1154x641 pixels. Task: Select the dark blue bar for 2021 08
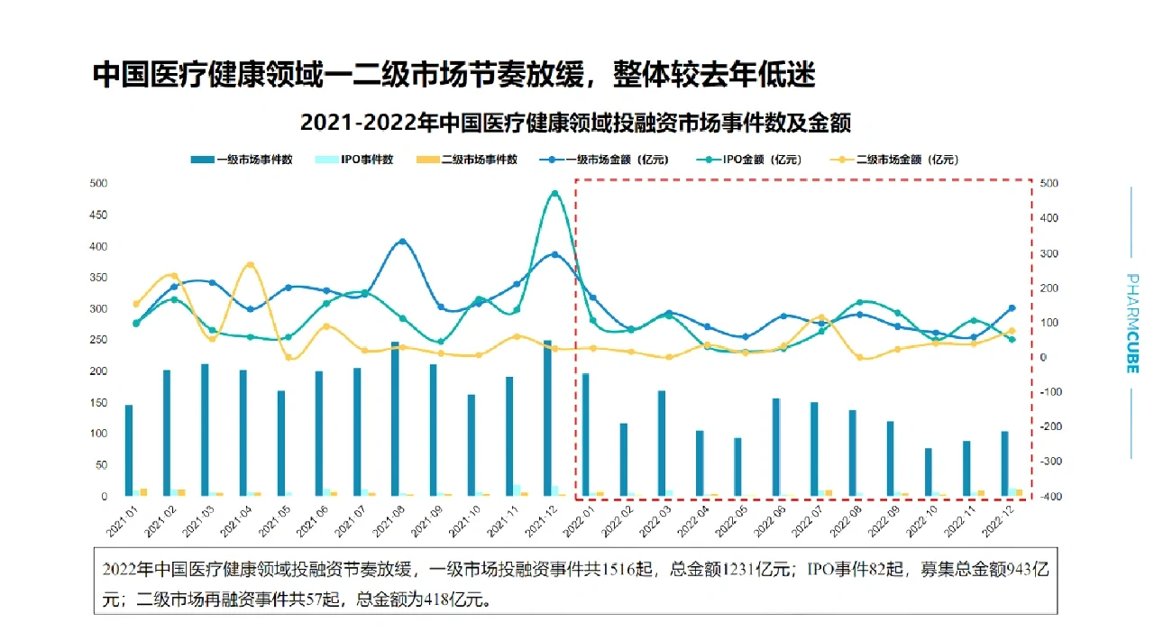[395, 418]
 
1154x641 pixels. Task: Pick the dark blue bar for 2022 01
[585, 434]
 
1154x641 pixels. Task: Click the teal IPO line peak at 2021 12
[554, 193]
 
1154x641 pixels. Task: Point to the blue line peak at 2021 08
[402, 242]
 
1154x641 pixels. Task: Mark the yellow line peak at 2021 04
[250, 265]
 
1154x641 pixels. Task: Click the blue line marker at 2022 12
[1012, 308]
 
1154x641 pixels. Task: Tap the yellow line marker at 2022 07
[821, 317]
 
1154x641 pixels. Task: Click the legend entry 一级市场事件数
[241, 160]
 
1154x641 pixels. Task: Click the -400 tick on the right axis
[1049, 497]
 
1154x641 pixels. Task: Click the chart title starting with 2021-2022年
[575, 123]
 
